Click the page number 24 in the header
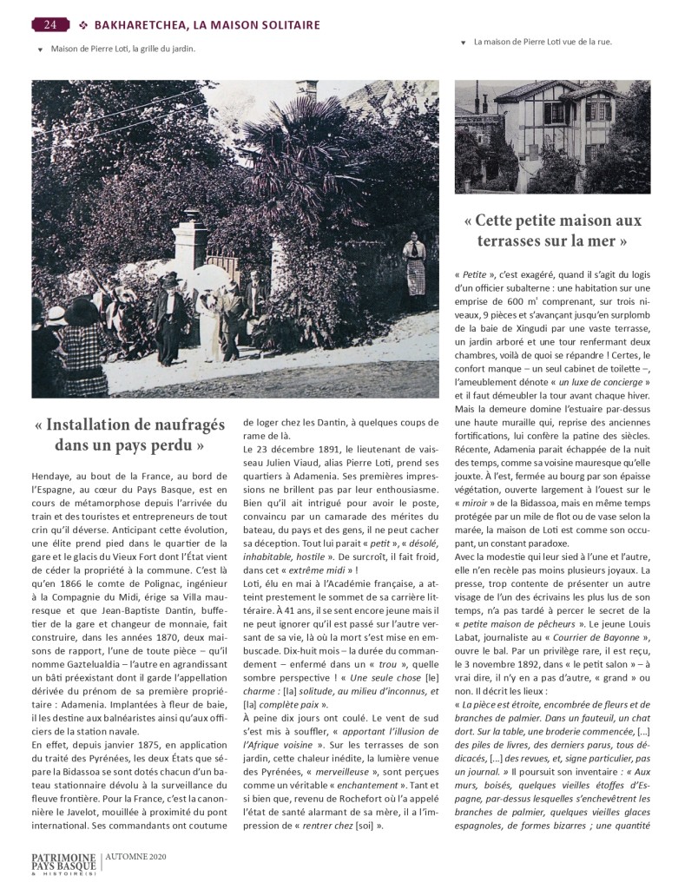(50, 24)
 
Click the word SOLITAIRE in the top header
(280, 24)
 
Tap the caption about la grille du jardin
(122, 49)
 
